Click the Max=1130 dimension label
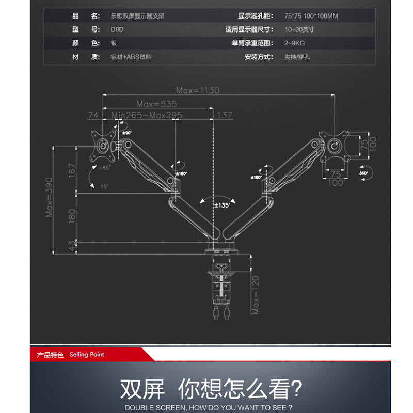(198, 90)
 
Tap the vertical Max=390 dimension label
(50, 199)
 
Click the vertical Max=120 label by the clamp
(255, 295)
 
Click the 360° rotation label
(363, 173)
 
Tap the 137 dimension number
(225, 115)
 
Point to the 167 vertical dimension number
(72, 170)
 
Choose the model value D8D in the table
(117, 29)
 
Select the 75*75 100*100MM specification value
(311, 16)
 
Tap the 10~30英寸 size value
(299, 29)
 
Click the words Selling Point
(87, 355)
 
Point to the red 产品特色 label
(50, 355)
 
